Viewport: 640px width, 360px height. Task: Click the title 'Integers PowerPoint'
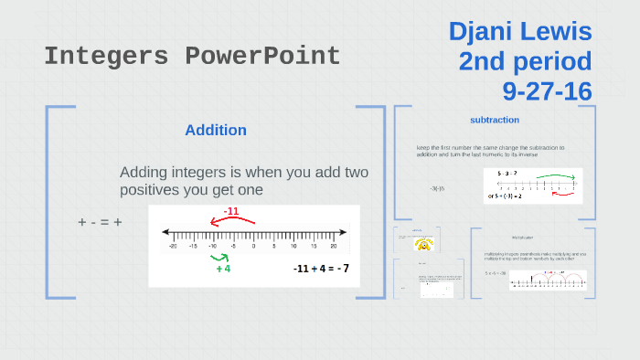pos(192,57)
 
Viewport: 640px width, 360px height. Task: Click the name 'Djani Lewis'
pos(520,32)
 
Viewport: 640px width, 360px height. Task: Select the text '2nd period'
pos(525,61)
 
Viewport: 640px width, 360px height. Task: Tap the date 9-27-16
pos(547,90)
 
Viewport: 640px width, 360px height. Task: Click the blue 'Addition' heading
pos(216,130)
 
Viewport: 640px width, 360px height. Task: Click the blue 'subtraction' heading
pos(495,120)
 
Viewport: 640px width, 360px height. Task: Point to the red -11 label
pos(231,211)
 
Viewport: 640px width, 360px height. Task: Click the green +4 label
pos(223,269)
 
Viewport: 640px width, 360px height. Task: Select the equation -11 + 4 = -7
pos(321,269)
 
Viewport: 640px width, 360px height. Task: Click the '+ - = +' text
pos(101,222)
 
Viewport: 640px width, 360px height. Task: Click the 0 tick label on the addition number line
pos(253,247)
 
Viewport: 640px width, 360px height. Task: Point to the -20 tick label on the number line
pos(173,247)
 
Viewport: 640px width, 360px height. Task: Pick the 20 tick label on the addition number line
pos(334,247)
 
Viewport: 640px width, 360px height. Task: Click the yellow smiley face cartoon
pos(422,245)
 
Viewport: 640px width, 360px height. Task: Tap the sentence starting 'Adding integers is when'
pos(243,181)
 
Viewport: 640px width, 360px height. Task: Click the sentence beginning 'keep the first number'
pos(490,151)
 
